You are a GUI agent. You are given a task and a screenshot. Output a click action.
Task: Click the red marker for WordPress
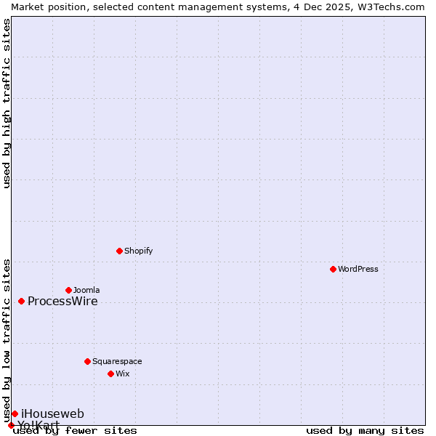click(x=333, y=269)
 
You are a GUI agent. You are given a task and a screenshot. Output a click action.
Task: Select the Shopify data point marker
click(x=119, y=251)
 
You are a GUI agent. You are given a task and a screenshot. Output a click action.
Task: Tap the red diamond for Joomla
click(x=68, y=290)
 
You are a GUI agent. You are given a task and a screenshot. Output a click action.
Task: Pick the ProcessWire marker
click(x=21, y=301)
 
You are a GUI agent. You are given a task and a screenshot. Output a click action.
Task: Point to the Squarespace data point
click(x=87, y=361)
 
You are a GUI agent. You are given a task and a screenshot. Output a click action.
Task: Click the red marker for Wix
click(x=110, y=374)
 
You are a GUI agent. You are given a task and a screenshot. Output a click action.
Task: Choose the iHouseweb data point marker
click(x=15, y=413)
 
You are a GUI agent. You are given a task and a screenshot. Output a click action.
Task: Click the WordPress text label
click(x=358, y=269)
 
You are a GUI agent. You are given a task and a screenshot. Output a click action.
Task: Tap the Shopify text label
click(x=138, y=251)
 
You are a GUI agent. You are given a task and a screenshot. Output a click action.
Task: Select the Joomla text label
click(x=86, y=290)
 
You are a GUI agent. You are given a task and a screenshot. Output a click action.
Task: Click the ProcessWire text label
click(x=62, y=302)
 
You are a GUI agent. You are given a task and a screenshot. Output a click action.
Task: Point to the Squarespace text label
click(x=117, y=361)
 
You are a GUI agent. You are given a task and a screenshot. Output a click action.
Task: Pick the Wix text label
click(x=122, y=374)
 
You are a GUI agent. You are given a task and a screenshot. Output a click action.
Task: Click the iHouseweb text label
click(x=52, y=414)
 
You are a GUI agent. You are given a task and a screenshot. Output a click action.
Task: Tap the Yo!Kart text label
click(x=39, y=425)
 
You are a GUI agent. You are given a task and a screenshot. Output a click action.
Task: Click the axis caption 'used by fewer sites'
click(x=75, y=430)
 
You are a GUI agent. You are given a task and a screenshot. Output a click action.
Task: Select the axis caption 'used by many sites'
click(x=365, y=430)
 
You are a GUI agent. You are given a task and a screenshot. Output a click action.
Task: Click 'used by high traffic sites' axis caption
click(x=7, y=103)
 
